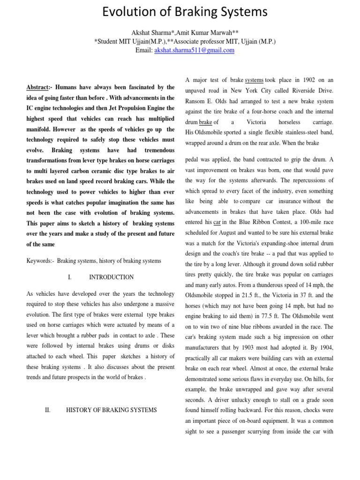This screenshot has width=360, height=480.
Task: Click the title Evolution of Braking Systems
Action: pyautogui.click(x=180, y=13)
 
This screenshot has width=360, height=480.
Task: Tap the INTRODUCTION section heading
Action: pyautogui.click(x=111, y=277)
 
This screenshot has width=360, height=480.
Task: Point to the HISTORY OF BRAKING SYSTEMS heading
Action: pyautogui.click(x=112, y=410)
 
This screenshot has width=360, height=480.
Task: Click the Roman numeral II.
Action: pyautogui.click(x=47, y=410)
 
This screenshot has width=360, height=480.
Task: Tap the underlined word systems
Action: pyautogui.click(x=254, y=80)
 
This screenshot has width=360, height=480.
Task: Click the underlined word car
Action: pyautogui.click(x=217, y=223)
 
